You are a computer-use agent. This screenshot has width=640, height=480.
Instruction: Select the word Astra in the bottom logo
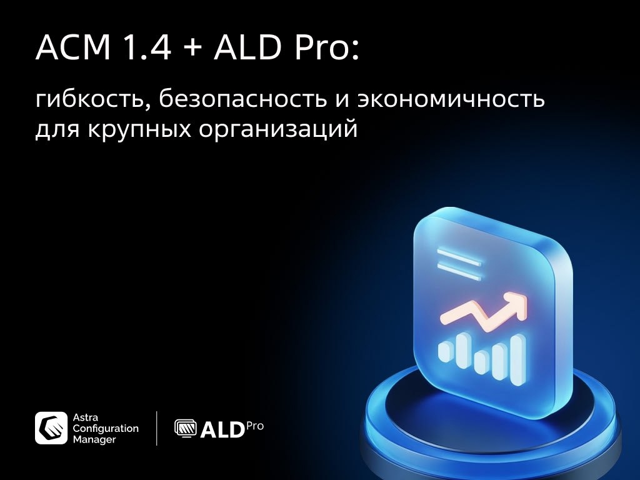pos(86,417)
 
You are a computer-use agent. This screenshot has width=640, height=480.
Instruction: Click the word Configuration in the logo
pos(106,429)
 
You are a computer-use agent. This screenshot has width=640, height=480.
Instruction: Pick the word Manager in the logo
pos(94,439)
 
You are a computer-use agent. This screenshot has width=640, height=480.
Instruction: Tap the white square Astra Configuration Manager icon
pos(51,428)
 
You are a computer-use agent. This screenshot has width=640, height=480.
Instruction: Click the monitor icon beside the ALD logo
pos(185,428)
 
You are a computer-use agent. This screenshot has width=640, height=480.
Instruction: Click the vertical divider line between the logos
pos(156,428)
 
